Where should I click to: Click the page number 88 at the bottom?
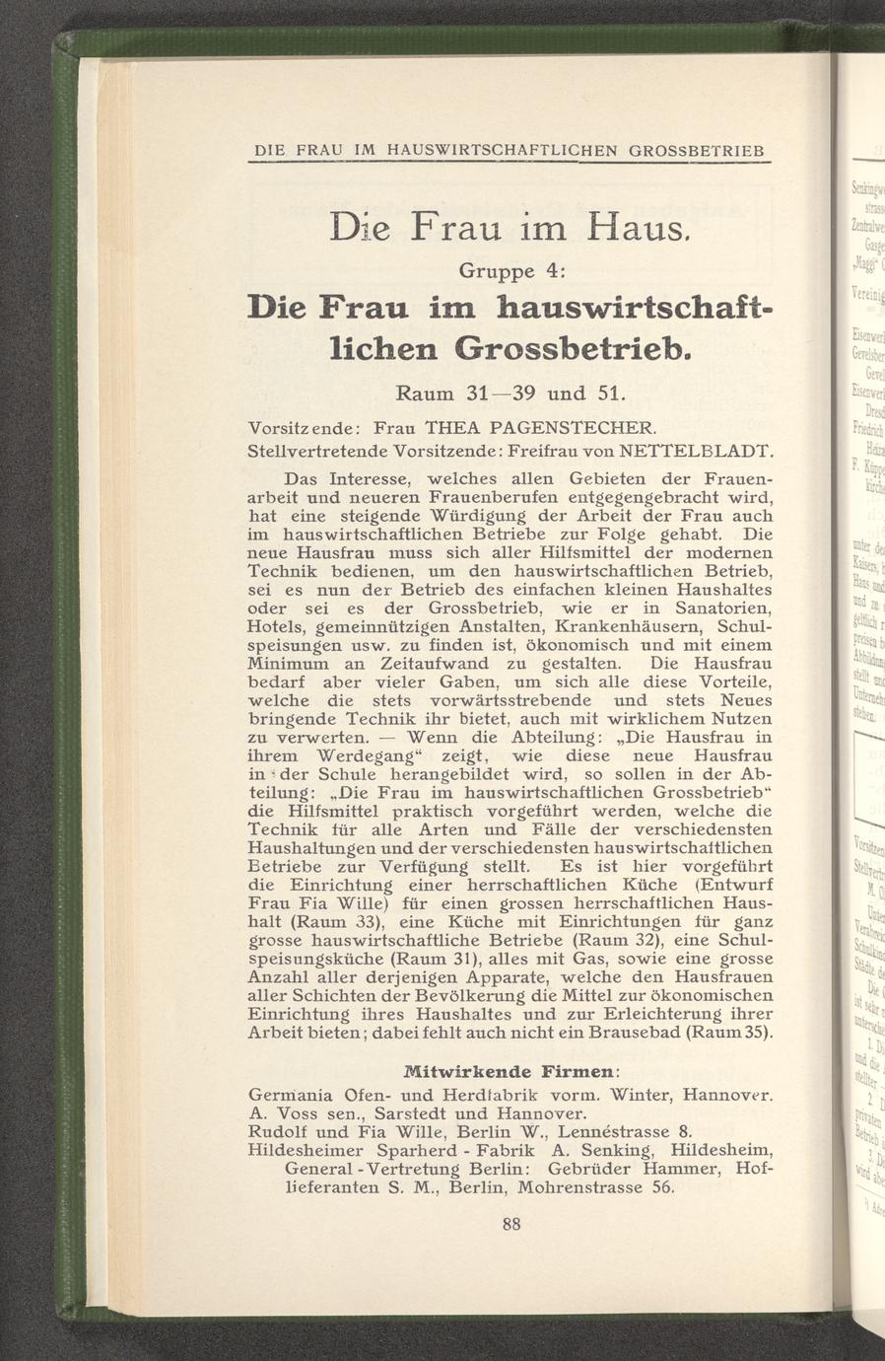(x=511, y=1225)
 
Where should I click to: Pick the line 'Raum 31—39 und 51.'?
(x=511, y=394)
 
